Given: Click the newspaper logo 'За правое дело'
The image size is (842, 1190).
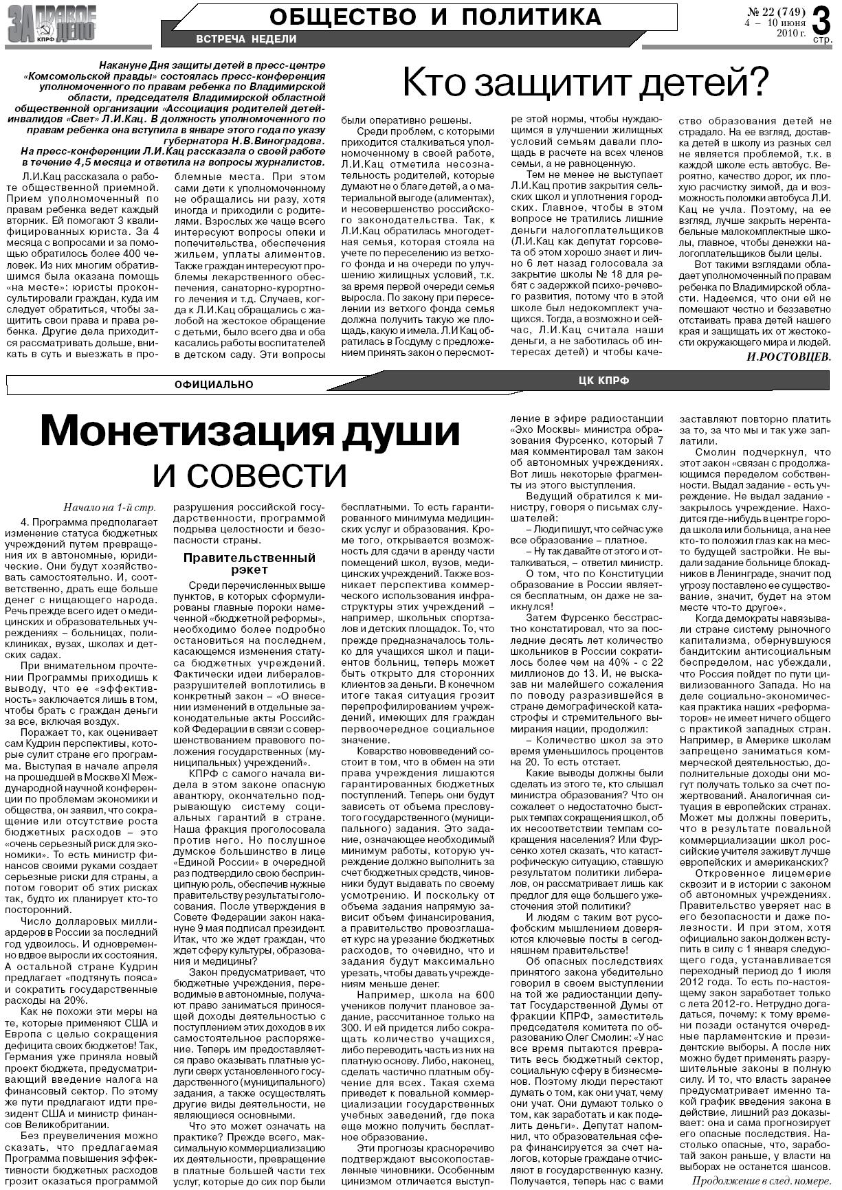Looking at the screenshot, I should (x=51, y=26).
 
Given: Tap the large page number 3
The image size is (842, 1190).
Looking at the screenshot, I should (x=821, y=19).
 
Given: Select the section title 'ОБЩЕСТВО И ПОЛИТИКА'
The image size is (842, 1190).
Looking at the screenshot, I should (x=434, y=15).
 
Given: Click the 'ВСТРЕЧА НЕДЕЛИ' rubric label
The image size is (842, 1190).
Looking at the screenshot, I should (x=246, y=39).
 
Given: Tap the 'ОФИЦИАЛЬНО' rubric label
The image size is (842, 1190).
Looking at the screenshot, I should (x=214, y=385).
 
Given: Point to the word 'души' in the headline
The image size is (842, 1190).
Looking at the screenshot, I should (x=401, y=431).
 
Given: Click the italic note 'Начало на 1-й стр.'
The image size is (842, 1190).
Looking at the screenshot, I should (x=109, y=509).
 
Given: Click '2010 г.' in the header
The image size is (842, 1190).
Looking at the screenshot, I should (x=790, y=32).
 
